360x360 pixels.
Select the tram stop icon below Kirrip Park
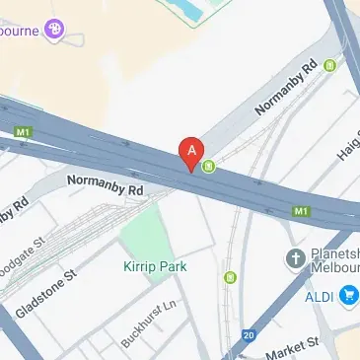click(229, 277)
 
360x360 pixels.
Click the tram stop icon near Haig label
click(329, 65)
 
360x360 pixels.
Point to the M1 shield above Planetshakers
click(302, 211)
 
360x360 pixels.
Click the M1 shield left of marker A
click(22, 130)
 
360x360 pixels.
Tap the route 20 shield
click(248, 335)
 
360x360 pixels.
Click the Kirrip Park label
click(156, 266)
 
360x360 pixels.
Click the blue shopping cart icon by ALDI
click(348, 295)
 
